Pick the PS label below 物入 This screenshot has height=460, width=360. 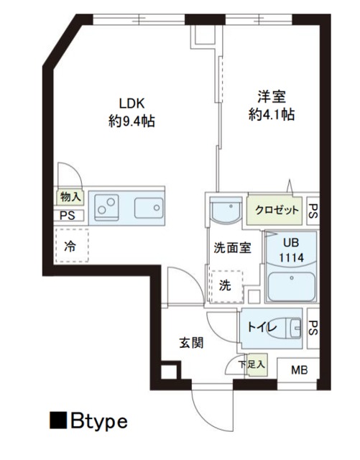click(x=68, y=215)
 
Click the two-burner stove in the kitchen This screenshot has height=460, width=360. click(x=109, y=206)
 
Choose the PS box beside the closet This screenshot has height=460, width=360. click(x=313, y=211)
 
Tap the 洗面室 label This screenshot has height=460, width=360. click(x=231, y=248)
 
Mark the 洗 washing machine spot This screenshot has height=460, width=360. click(x=225, y=284)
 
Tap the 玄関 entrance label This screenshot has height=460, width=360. click(x=191, y=343)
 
